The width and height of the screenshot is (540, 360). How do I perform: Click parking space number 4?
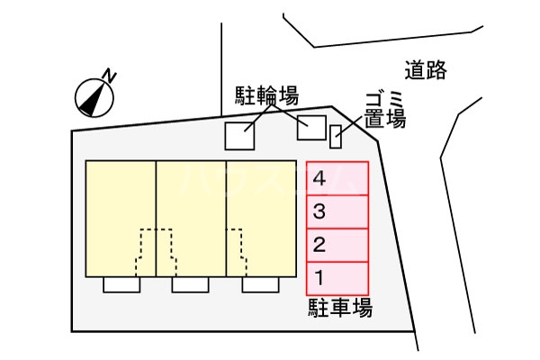[337, 177]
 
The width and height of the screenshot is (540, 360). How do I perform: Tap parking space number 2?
[337, 244]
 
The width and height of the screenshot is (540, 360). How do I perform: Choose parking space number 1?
[337, 275]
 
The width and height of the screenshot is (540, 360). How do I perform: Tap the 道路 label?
[425, 69]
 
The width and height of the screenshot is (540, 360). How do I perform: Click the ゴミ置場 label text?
[384, 108]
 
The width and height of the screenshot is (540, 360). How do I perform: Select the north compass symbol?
[91, 95]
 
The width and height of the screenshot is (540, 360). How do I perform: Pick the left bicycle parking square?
[239, 136]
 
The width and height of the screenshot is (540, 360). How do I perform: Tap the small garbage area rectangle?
[337, 136]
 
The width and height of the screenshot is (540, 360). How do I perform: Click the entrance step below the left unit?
[121, 284]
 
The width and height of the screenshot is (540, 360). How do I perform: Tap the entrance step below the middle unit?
[191, 284]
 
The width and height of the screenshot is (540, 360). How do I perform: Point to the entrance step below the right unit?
[260, 284]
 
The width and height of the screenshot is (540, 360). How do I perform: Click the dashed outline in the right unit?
[235, 252]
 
